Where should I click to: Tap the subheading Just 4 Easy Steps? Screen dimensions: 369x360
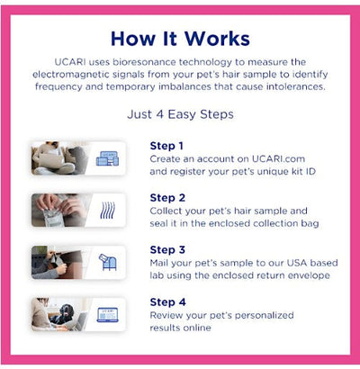coord(179,115)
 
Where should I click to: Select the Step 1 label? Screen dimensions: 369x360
coord(166,145)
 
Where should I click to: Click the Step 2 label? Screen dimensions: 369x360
coord(166,197)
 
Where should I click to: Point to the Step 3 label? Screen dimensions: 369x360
coord(166,249)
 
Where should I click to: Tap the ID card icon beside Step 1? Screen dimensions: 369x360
coord(108,157)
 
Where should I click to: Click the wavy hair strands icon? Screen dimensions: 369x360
coord(108,210)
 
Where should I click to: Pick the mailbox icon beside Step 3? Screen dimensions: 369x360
coord(108,262)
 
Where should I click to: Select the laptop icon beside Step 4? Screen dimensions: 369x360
coord(108,314)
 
